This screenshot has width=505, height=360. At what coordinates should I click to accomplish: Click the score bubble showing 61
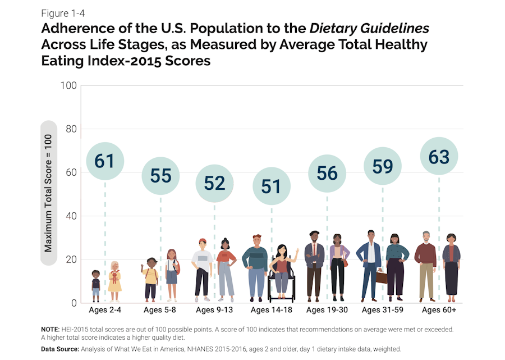point(104,161)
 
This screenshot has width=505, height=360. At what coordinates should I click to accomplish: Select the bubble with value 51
point(271,186)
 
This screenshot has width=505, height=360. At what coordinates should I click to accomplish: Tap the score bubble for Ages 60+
point(439,157)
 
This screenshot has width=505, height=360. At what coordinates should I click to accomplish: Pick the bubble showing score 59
point(383,166)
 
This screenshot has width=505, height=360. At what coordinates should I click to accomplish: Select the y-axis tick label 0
point(73,303)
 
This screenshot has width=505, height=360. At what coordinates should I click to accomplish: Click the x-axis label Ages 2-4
point(105,310)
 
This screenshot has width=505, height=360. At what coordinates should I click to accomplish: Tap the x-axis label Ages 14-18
point(271,310)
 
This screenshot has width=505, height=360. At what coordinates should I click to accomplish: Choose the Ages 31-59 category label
point(383,310)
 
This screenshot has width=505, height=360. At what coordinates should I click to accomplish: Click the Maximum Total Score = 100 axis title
point(48,193)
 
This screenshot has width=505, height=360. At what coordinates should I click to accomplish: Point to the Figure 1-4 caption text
point(63,13)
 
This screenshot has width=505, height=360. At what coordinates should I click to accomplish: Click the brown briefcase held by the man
point(382,276)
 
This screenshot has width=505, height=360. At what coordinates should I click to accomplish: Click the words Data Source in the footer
point(62,349)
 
